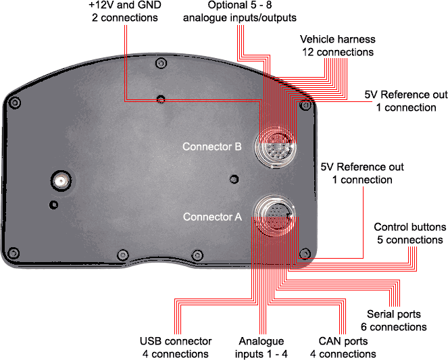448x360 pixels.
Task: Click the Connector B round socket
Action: [276, 147]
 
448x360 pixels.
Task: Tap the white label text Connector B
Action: [212, 147]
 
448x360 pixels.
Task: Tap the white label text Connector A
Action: [212, 217]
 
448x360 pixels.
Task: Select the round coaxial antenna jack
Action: [61, 181]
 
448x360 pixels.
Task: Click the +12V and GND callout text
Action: [125, 11]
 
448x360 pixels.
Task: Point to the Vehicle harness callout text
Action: [338, 46]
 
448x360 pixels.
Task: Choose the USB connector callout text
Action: [176, 347]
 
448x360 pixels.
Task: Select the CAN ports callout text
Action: [343, 347]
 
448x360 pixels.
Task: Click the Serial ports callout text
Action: [394, 320]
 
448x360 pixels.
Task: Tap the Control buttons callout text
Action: [409, 233]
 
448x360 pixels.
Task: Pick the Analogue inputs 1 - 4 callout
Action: [261, 347]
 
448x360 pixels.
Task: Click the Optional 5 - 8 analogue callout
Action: [240, 11]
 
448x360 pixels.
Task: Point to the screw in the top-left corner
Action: [15, 103]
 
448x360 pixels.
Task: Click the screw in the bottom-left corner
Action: [14, 253]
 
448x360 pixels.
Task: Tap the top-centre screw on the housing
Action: [161, 63]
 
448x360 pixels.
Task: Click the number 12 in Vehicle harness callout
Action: [308, 52]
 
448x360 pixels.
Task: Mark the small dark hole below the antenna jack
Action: [53, 205]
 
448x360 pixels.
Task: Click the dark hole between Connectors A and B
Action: [234, 179]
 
